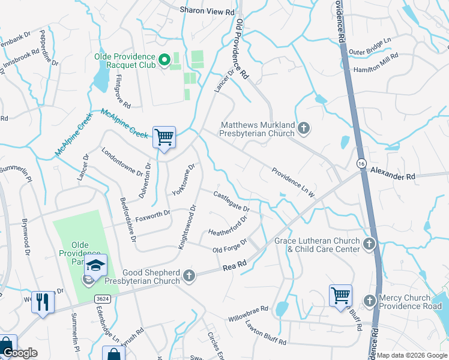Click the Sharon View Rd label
[x=207, y=11]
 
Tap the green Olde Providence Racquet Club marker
[x=163, y=60]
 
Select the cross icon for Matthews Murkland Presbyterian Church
[x=304, y=128]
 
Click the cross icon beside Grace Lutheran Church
[x=369, y=244]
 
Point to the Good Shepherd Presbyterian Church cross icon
[x=189, y=276]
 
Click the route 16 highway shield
[x=361, y=163]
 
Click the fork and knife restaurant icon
[x=41, y=301]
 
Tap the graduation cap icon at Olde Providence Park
[x=96, y=265]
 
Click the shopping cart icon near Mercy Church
[x=340, y=295]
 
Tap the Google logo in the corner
[x=19, y=353]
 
